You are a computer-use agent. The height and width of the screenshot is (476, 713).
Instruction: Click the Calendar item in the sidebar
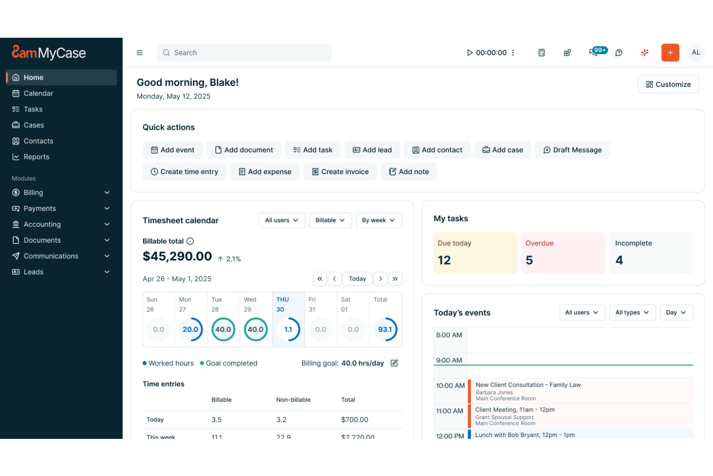click(x=39, y=93)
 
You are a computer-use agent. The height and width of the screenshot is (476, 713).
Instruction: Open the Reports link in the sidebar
click(x=37, y=157)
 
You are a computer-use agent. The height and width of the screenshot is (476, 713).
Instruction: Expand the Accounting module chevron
click(x=107, y=224)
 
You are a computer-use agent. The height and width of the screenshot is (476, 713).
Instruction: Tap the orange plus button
click(x=670, y=53)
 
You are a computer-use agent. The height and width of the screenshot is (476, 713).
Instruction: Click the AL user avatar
click(x=696, y=53)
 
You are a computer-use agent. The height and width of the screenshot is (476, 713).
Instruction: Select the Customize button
click(x=668, y=84)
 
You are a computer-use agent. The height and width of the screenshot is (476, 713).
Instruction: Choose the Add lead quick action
click(x=372, y=150)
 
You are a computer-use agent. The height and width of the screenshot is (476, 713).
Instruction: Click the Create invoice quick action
click(x=340, y=172)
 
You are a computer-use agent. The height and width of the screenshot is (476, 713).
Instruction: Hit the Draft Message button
click(x=572, y=150)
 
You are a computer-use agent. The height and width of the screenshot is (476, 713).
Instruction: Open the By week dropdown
click(x=378, y=220)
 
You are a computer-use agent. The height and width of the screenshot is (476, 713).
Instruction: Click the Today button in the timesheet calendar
click(x=357, y=279)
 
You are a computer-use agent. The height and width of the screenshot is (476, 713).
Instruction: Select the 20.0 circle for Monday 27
click(x=191, y=329)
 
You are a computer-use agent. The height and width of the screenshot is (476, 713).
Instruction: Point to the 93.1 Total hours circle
click(x=385, y=329)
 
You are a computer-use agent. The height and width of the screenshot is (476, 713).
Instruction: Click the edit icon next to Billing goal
click(x=394, y=363)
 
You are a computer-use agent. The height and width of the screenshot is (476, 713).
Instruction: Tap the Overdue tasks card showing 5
click(x=563, y=253)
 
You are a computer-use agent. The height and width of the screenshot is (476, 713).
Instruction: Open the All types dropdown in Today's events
click(x=632, y=313)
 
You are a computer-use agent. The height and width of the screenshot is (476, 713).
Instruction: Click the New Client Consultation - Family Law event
click(x=528, y=385)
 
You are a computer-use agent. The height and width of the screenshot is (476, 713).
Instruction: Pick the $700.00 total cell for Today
click(x=355, y=420)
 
